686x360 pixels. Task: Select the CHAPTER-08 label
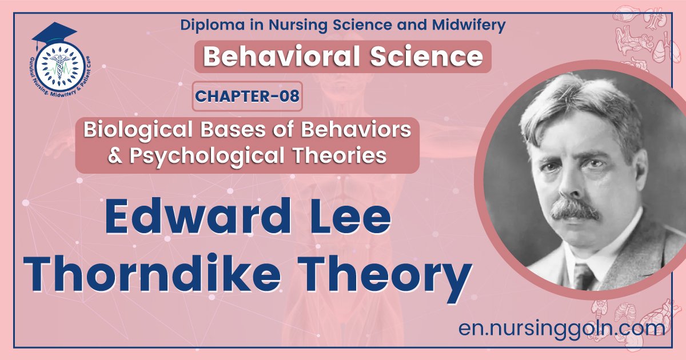(247, 97)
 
